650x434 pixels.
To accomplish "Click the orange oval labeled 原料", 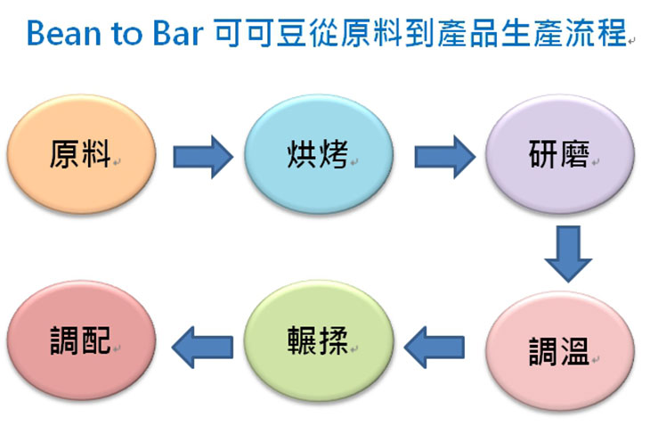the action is (81, 154).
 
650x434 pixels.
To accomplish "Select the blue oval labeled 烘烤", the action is (319, 154).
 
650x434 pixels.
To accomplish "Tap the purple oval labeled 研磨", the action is (560, 154).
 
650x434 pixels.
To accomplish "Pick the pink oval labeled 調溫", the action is (560, 351).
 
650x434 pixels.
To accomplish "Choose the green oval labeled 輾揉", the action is (319, 340).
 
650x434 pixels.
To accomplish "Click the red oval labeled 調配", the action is (81, 340).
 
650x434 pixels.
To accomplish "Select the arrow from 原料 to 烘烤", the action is (203, 157).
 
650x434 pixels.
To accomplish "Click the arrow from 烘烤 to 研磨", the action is (445, 157).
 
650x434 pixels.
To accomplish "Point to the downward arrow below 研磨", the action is (568, 254).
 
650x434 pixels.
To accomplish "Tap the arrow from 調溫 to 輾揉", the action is (434, 348).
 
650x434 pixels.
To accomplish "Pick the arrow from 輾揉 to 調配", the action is (202, 348).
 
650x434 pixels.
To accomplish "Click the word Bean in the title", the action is (64, 33).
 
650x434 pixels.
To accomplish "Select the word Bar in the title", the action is (178, 33).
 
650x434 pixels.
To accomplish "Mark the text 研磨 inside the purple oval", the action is (559, 154).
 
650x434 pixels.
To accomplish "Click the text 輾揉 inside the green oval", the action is (318, 340).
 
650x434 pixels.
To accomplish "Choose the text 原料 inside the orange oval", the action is (80, 154).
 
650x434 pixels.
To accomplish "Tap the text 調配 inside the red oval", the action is (80, 340).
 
